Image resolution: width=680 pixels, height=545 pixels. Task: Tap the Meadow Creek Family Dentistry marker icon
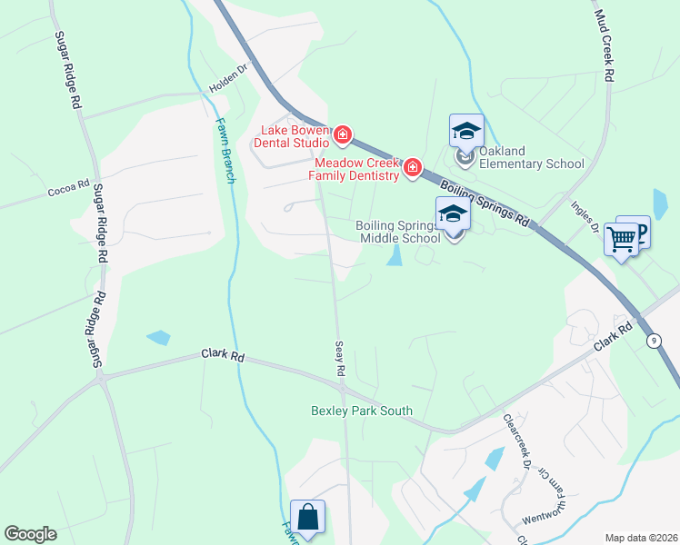[412, 167]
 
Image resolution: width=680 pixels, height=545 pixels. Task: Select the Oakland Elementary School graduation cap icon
[466, 131]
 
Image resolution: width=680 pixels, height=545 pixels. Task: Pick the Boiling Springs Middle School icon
[453, 214]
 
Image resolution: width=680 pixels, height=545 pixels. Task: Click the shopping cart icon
[622, 240]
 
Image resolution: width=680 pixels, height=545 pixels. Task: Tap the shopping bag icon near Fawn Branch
[307, 517]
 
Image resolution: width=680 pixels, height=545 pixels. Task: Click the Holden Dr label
[229, 81]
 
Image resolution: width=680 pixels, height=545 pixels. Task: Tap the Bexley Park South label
[361, 411]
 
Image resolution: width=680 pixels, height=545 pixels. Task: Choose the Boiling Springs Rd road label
[484, 203]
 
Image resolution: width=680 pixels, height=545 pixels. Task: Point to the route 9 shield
[654, 341]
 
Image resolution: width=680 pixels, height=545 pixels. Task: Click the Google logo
[30, 534]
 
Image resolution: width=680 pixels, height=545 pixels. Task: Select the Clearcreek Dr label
[517, 441]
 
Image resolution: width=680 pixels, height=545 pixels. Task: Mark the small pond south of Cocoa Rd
[158, 338]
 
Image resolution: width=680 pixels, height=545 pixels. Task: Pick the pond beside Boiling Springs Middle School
[395, 257]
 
